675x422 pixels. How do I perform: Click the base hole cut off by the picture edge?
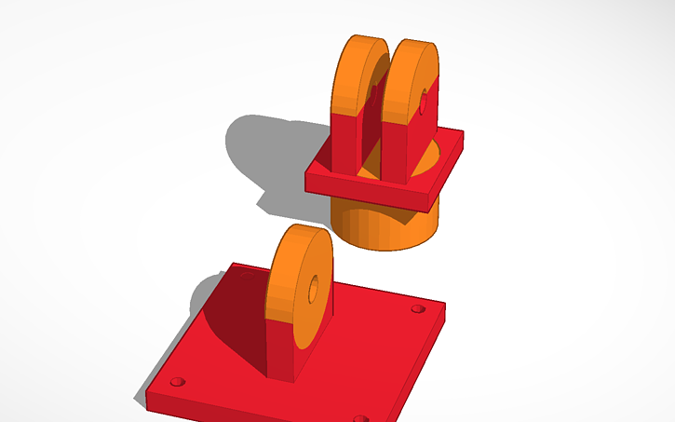pos(361,418)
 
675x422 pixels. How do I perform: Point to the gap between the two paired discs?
pos(374,130)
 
